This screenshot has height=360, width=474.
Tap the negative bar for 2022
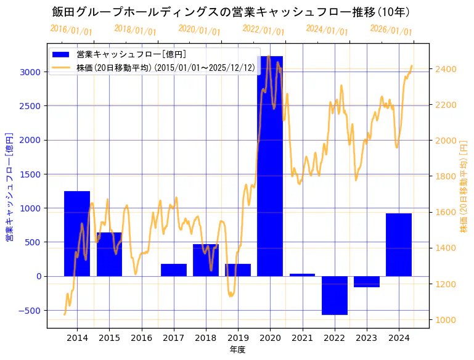(x=335, y=295)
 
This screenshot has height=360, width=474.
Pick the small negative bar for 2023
(x=367, y=282)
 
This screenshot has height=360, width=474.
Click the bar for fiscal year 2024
(x=399, y=245)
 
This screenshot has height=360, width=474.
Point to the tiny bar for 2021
(x=302, y=275)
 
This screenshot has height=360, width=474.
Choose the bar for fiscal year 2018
(x=206, y=260)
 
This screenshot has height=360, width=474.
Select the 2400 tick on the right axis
(x=446, y=68)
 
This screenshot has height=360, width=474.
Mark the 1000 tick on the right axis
(x=446, y=320)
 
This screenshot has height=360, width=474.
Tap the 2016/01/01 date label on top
(x=71, y=30)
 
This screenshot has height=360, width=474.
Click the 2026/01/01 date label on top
(x=391, y=30)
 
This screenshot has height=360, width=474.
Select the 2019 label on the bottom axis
(x=238, y=338)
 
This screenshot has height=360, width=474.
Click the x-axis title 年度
(x=238, y=350)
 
